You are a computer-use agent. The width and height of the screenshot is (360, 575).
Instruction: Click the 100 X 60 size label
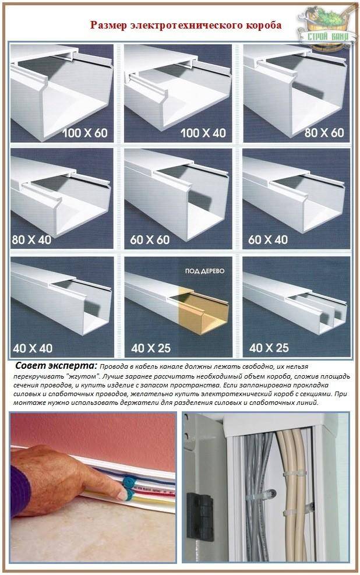click(x=85, y=133)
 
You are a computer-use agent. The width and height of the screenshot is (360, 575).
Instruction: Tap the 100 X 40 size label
click(x=203, y=133)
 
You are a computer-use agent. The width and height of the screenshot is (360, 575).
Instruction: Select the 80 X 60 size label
click(x=324, y=132)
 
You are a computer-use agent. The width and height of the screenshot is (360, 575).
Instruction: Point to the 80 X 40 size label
click(x=31, y=240)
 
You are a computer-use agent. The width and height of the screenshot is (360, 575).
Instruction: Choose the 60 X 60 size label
click(x=150, y=240)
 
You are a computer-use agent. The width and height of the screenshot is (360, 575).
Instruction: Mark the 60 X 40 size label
click(x=268, y=240)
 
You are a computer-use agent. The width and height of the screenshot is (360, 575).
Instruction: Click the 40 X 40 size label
click(x=33, y=348)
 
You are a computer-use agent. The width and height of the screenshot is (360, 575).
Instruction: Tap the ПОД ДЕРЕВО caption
click(x=204, y=271)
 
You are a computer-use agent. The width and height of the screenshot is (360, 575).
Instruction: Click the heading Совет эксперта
click(x=57, y=366)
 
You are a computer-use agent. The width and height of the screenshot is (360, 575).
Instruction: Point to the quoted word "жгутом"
click(x=83, y=376)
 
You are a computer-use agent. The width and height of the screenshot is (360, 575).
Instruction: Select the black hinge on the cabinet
click(x=200, y=511)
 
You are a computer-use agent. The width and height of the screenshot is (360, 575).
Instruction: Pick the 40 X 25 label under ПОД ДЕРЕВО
click(x=151, y=348)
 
